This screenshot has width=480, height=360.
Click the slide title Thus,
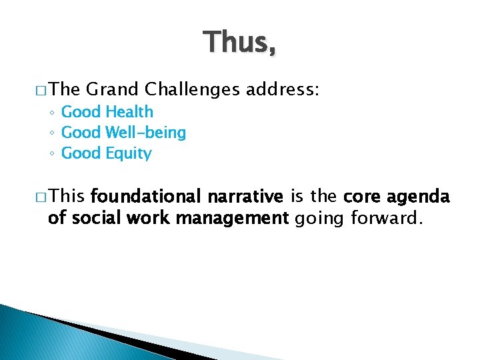(240, 42)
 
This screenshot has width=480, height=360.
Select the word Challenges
(192, 89)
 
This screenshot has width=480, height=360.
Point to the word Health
(129, 112)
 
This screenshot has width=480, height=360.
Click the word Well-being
(145, 133)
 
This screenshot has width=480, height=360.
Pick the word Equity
(129, 153)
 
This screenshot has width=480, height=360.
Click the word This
(67, 197)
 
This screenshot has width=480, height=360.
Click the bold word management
(237, 217)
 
